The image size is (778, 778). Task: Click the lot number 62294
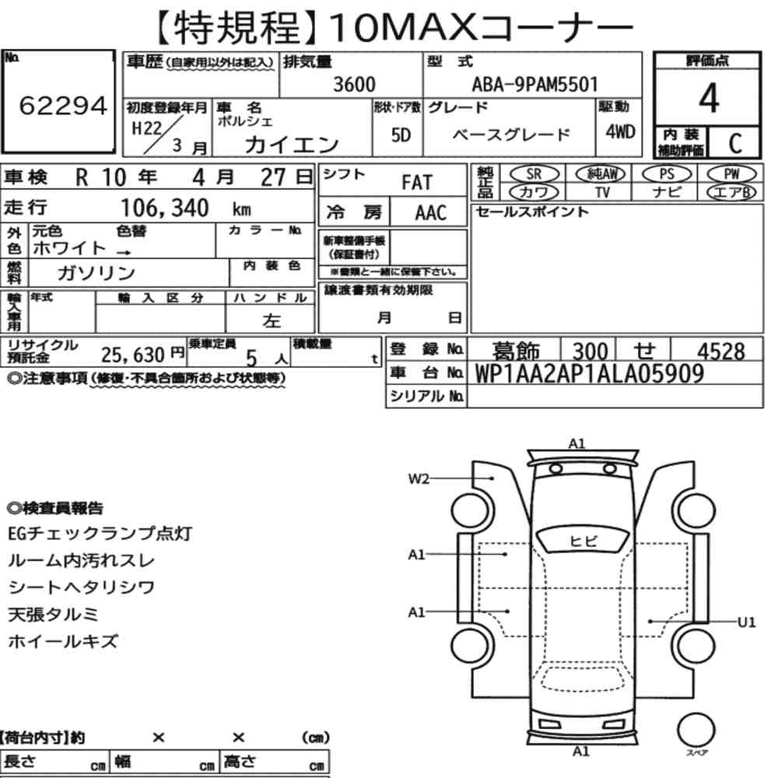tap(63, 105)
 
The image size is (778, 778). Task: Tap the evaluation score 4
tap(709, 98)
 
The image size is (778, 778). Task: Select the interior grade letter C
tap(735, 143)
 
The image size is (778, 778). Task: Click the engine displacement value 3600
tap(354, 84)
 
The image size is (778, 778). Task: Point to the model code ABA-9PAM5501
tap(535, 84)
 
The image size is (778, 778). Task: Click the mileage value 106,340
tap(165, 208)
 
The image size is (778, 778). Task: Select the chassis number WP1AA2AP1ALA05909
tap(590, 373)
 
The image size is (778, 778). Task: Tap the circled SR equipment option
tap(534, 174)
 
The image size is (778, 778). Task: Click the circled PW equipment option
tap(731, 174)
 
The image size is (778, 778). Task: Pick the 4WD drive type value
tap(620, 132)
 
